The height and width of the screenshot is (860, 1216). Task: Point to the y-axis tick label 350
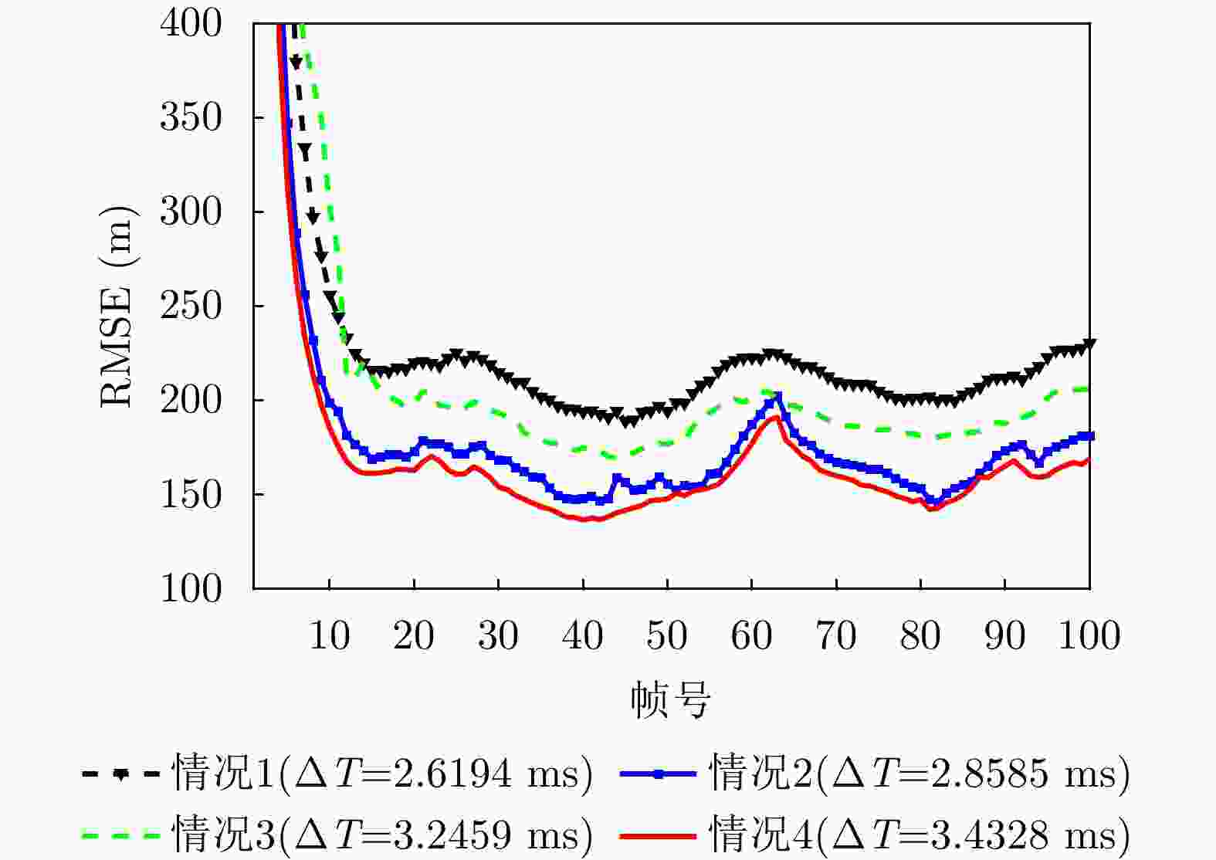(191, 117)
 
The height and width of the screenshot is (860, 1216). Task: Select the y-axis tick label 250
(191, 306)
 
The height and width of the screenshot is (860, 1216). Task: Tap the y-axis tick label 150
(191, 494)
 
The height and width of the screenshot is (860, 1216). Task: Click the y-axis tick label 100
(191, 588)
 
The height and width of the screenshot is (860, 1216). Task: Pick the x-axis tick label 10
(330, 636)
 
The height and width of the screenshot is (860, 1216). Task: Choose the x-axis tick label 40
(583, 636)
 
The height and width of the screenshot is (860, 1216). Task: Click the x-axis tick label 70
(836, 636)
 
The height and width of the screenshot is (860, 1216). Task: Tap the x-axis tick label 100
(1089, 636)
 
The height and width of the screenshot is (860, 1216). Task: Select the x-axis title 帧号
(670, 699)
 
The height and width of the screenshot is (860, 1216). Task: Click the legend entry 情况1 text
(382, 773)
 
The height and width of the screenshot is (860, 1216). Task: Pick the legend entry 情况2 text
(919, 773)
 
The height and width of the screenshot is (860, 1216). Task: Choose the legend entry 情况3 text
(382, 835)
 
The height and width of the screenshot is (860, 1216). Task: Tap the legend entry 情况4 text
(919, 835)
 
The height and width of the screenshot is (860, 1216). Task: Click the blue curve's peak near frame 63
(777, 398)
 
